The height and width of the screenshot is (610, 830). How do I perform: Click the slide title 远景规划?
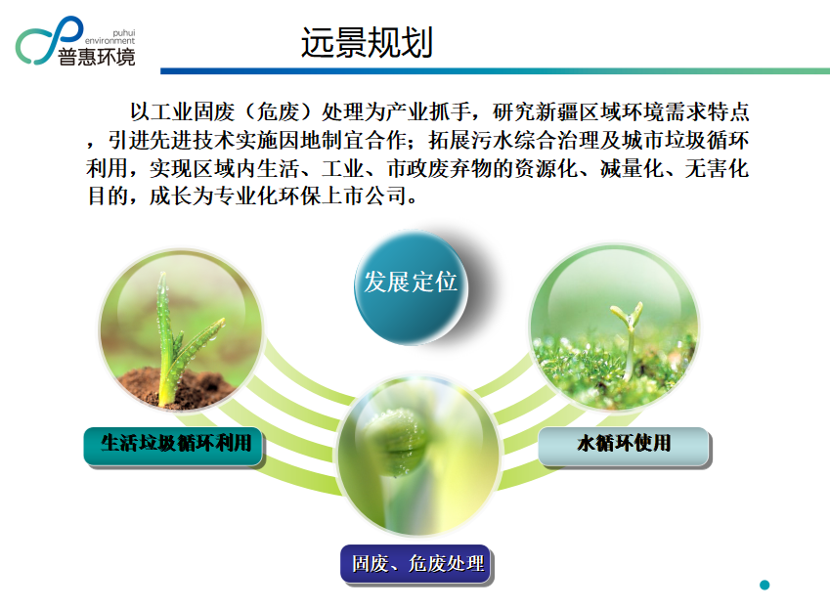coord(367,42)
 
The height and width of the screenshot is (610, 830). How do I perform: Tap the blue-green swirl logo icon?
coord(49,40)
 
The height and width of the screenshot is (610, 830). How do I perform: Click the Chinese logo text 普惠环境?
coord(97,57)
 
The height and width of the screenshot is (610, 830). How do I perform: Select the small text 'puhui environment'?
coord(110,36)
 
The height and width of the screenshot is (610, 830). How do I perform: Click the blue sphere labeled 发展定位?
coord(411,287)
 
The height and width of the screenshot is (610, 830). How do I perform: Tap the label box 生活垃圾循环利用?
coord(173,447)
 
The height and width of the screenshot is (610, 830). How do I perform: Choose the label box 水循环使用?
coord(624,447)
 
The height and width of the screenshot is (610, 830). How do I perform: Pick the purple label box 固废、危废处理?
coord(416,564)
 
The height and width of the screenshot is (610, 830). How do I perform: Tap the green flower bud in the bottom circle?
coord(397,442)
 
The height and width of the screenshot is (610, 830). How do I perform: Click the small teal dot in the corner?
coord(764,586)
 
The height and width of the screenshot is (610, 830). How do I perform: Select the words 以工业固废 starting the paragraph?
coord(183,111)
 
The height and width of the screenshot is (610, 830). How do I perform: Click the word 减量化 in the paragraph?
coord(632,168)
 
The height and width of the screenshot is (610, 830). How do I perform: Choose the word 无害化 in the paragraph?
coord(718,168)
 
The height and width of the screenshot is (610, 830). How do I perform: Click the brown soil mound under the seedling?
coord(175,387)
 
